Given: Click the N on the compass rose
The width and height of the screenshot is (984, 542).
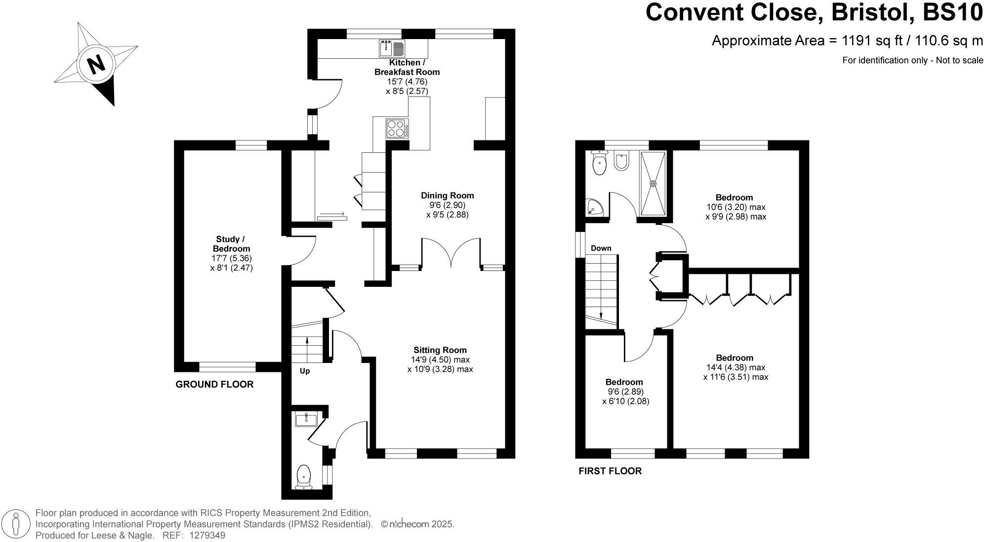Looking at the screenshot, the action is pyautogui.click(x=96, y=64).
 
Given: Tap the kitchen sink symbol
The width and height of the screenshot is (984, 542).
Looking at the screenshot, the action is pyautogui.click(x=392, y=48).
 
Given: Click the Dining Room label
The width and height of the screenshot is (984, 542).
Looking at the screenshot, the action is pyautogui.click(x=447, y=195).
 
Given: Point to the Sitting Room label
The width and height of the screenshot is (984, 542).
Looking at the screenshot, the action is pyautogui.click(x=440, y=350).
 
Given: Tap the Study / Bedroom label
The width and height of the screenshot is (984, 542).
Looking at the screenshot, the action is pyautogui.click(x=231, y=244).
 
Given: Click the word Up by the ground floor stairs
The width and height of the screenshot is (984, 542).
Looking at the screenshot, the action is pyautogui.click(x=305, y=371).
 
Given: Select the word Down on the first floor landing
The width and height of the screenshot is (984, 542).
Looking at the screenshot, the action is pyautogui.click(x=601, y=248).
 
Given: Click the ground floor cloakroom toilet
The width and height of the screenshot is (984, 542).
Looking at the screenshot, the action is pyautogui.click(x=304, y=477).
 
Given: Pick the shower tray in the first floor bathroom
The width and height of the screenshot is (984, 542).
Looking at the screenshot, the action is pyautogui.click(x=653, y=183).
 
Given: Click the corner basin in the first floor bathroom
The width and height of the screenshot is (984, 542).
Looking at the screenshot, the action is pyautogui.click(x=595, y=208).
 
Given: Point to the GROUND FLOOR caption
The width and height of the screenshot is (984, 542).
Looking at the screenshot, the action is pyautogui.click(x=214, y=384).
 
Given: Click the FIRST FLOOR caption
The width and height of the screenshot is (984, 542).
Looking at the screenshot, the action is pyautogui.click(x=610, y=471).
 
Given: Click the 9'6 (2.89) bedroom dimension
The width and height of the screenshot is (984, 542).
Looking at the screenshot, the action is pyautogui.click(x=624, y=392).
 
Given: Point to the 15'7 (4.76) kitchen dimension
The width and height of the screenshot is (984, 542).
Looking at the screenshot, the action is pyautogui.click(x=407, y=82).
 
